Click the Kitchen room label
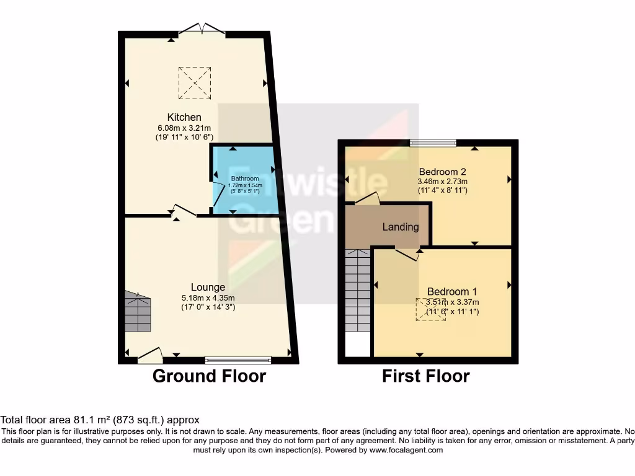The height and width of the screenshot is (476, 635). (184, 117)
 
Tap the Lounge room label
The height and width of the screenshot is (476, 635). (208, 287)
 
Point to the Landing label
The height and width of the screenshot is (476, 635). (400, 227)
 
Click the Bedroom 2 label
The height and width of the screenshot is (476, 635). (442, 172)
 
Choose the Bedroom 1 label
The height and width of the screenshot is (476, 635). (451, 291)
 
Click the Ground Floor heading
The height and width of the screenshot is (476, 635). (209, 376)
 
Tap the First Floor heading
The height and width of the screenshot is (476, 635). (425, 376)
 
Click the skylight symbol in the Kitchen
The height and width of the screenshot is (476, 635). (194, 82)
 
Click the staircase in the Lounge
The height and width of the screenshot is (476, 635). (138, 312)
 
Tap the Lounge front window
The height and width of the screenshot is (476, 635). (238, 360)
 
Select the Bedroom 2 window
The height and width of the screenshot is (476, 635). (433, 143)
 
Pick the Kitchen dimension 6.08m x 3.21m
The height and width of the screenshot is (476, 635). (184, 128)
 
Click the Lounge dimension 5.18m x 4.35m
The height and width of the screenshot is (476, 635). (208, 297)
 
